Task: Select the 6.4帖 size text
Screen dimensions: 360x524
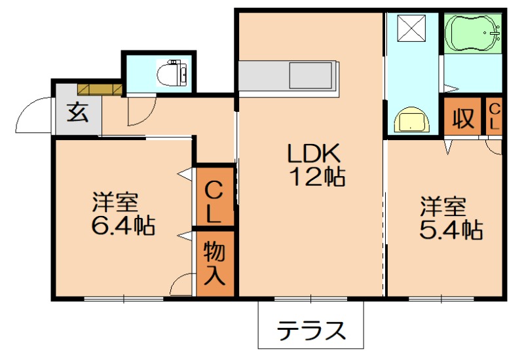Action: tap(122, 226)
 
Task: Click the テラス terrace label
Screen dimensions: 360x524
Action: tap(310, 331)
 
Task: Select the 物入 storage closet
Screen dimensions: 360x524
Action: tap(215, 263)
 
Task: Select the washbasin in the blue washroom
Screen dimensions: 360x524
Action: tap(412, 120)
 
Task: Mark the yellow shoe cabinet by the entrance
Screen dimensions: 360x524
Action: tap(99, 88)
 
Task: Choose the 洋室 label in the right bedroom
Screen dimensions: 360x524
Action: tap(443, 206)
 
